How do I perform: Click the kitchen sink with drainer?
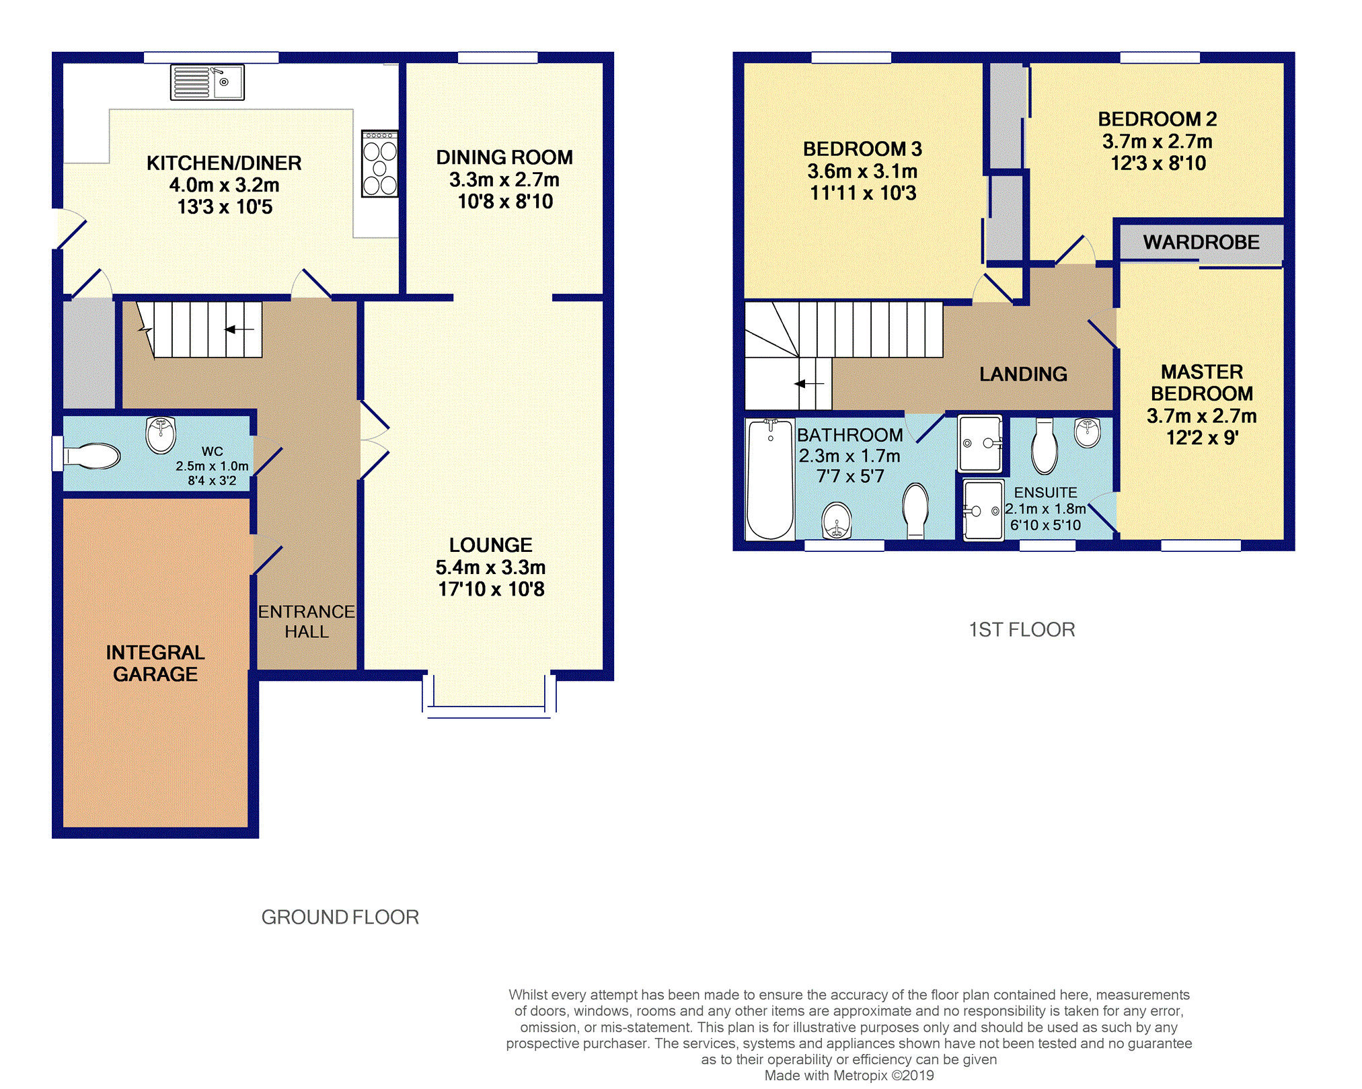click(x=207, y=82)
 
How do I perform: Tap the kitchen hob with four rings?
click(x=380, y=163)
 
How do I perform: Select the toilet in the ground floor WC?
click(x=91, y=456)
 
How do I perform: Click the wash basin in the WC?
click(x=161, y=434)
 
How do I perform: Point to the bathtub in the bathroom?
click(x=770, y=479)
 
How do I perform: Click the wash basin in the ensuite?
click(x=1088, y=432)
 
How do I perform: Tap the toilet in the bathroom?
click(x=916, y=510)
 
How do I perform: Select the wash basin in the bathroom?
click(x=837, y=520)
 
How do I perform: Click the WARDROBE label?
click(x=1201, y=242)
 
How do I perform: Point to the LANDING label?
click(x=1023, y=374)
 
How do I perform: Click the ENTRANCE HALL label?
click(x=307, y=621)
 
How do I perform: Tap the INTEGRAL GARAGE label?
click(x=155, y=663)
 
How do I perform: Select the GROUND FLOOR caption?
click(x=340, y=917)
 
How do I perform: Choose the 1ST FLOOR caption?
click(x=1022, y=629)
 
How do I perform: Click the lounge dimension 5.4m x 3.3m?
click(x=490, y=567)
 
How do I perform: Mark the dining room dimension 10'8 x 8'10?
click(x=505, y=201)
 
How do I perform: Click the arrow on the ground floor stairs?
click(x=239, y=329)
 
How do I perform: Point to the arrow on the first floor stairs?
click(x=808, y=384)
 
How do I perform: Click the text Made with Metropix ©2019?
click(x=849, y=1076)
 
